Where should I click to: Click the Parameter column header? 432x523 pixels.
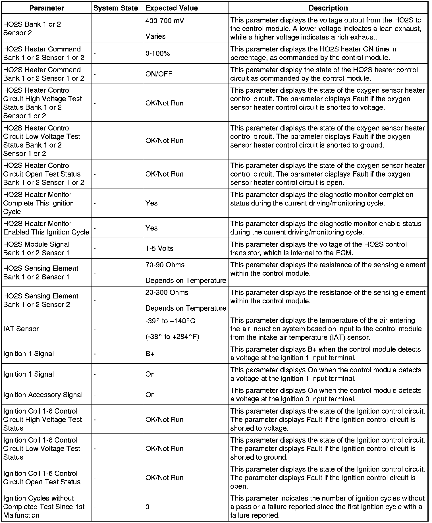pos(47,8)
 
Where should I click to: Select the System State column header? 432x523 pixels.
pos(115,8)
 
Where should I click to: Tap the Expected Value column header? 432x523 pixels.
pos(172,8)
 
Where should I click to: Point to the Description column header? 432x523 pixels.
pos(328,8)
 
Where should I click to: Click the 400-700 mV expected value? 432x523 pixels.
pos(165,21)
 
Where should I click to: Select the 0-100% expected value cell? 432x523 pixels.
pos(158,53)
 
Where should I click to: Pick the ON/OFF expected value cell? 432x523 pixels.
pos(159,74)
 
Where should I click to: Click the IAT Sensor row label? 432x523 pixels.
pos(21,329)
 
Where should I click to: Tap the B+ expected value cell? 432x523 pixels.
pos(150,354)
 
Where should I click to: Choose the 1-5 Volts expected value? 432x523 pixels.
pos(159,248)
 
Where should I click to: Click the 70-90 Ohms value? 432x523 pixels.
pos(165,265)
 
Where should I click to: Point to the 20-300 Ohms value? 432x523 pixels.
pos(167,292)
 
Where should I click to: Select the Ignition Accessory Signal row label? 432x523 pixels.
pos(43,395)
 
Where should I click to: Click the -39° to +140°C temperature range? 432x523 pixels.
pos(170,321)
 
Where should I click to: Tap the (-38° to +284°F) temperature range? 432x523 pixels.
pos(172,337)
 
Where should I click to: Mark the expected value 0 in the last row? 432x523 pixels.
pos(148,507)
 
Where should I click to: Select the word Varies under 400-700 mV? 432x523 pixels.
pos(155,36)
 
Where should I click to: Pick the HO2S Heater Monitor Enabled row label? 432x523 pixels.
pos(46,228)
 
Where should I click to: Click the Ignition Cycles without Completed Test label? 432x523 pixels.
pos(44,507)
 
